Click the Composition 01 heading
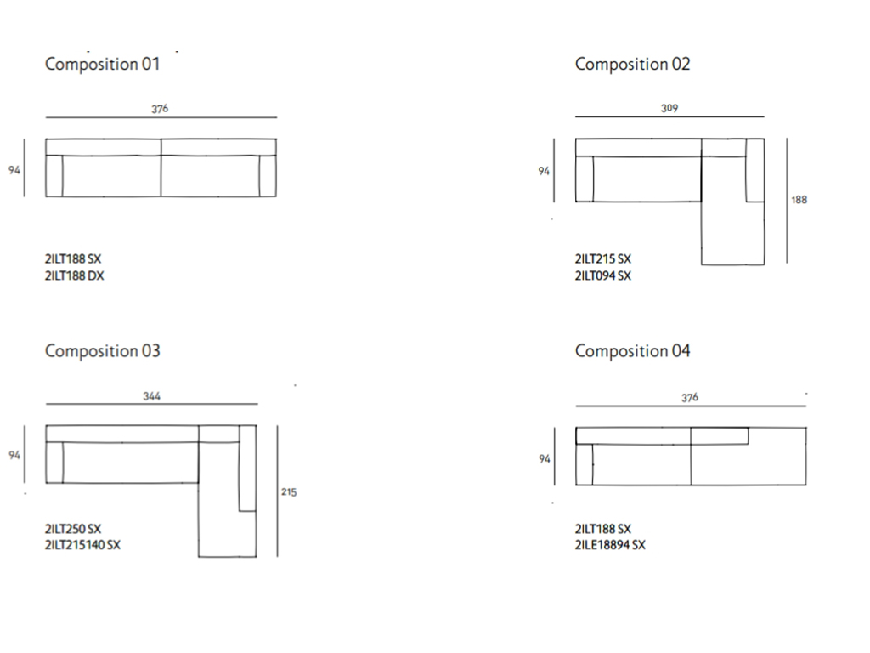tap(103, 65)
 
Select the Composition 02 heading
tap(632, 65)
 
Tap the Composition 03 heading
tap(103, 351)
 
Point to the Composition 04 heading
tap(632, 351)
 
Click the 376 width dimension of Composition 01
tap(160, 109)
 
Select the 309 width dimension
tap(669, 108)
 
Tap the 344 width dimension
tap(151, 396)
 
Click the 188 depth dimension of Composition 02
tap(799, 200)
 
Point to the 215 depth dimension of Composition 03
tap(289, 492)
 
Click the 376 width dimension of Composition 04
tap(690, 398)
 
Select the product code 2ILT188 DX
tap(75, 276)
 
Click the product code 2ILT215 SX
tap(603, 258)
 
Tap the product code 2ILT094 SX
tap(603, 276)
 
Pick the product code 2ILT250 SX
tap(73, 529)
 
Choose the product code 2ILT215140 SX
tap(82, 545)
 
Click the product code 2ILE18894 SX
tap(610, 545)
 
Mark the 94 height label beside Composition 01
tap(14, 170)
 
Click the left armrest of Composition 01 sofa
tap(54, 176)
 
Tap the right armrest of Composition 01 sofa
tap(268, 176)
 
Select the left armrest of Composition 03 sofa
tap(54, 463)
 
